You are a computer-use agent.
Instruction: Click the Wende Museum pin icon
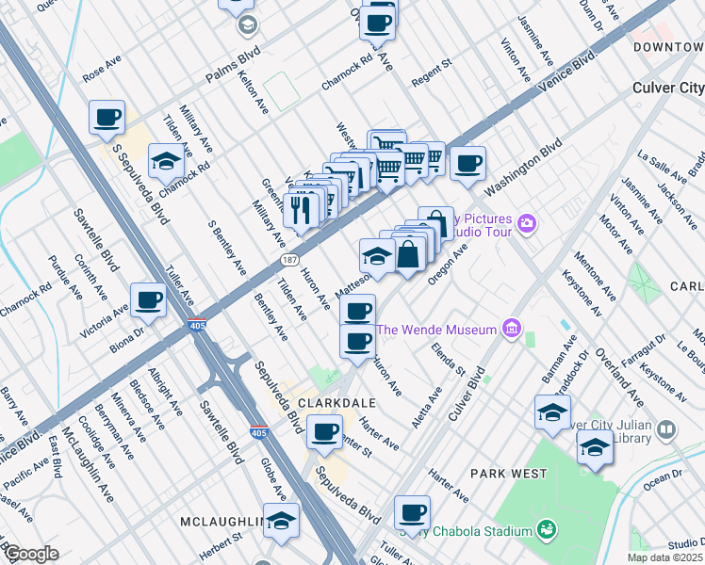[x=512, y=329]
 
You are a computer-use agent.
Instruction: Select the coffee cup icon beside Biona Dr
[x=149, y=300]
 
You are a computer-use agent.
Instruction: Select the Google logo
[x=31, y=554]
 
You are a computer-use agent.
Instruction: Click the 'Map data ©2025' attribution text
[x=664, y=557]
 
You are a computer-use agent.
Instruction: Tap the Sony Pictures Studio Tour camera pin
[x=527, y=223]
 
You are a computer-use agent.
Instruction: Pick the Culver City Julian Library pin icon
[x=667, y=430]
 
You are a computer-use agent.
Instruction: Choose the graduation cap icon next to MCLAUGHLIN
[x=281, y=520]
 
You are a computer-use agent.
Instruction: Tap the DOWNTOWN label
[x=668, y=46]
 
